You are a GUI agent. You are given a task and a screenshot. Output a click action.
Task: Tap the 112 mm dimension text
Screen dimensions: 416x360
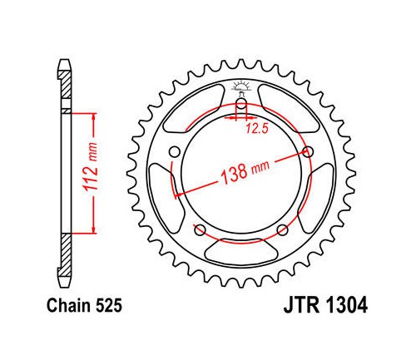pos(92,166)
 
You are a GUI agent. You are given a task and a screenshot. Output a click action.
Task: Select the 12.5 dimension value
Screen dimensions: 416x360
pos(257,128)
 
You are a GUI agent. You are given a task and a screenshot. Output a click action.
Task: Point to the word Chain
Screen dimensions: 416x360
pos(69,306)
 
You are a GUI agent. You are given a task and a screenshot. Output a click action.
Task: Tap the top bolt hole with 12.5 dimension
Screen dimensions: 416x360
pos(241,106)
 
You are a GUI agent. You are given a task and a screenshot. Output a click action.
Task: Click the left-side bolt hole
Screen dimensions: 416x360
pos(175,152)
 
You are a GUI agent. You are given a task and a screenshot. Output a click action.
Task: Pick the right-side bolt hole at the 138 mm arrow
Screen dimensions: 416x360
pos(308,151)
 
